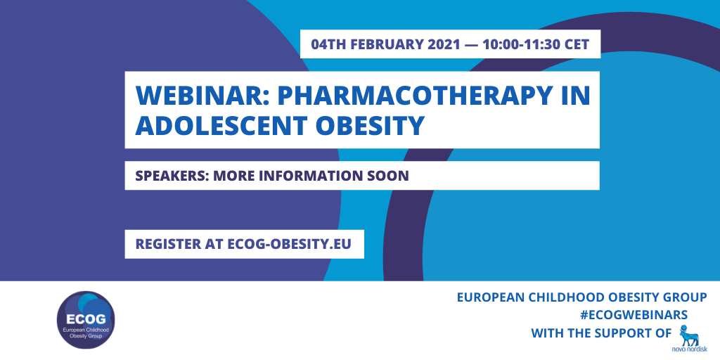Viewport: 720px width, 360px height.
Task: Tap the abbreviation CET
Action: click(x=576, y=44)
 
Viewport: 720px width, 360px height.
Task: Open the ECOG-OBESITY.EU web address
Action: click(x=289, y=244)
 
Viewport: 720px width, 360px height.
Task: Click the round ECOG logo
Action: click(x=86, y=320)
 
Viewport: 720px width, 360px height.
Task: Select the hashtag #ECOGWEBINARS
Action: click(x=634, y=315)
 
